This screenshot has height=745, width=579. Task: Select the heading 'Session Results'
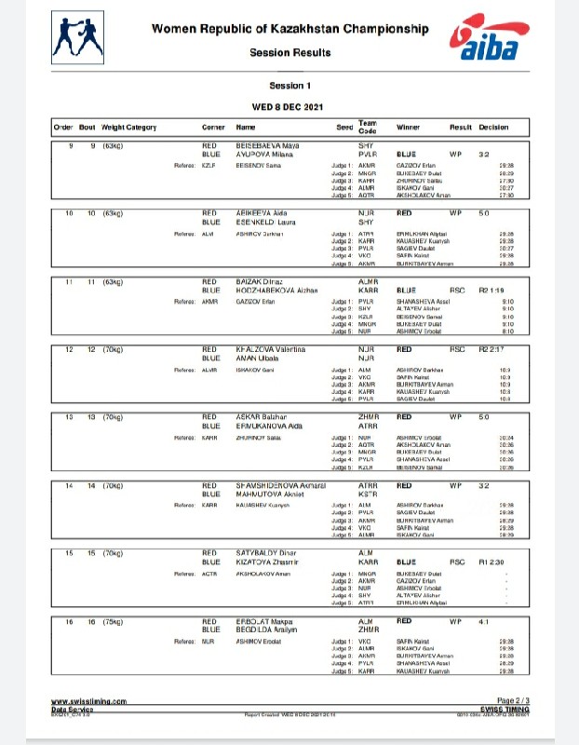[289, 53]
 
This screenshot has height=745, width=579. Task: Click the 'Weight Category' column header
[128, 127]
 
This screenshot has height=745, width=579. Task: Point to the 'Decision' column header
[493, 127]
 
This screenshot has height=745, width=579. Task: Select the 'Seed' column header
[343, 127]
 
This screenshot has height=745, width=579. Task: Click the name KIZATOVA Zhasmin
[269, 562]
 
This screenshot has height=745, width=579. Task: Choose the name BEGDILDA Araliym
[270, 629]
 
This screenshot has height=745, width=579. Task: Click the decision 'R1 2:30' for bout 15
[491, 562]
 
